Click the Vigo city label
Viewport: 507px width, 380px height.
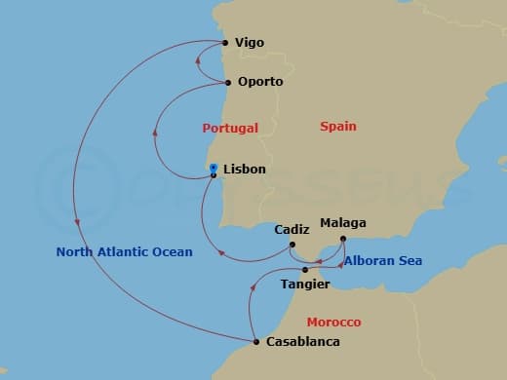250,43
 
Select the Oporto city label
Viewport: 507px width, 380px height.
259,82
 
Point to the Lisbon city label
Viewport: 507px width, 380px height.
244,169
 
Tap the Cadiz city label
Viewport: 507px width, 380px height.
292,230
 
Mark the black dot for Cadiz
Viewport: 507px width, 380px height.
292,245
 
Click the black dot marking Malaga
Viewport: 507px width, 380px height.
342,237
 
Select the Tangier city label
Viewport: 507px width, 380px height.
304,285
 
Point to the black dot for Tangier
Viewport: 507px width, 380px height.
305,270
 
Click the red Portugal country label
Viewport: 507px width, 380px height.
230,128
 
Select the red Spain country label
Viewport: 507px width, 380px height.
338,127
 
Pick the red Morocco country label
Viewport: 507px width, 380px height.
333,322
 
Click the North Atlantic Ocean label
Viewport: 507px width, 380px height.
124,251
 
